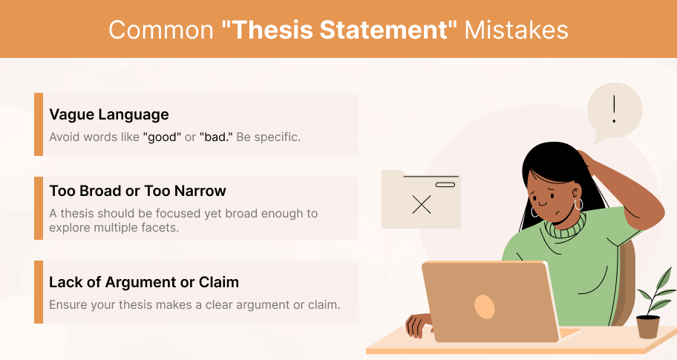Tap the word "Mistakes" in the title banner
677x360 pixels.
click(x=516, y=30)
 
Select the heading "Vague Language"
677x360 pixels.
click(x=109, y=115)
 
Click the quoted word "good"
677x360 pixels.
click(x=162, y=137)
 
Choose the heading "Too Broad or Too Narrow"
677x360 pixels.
click(x=138, y=191)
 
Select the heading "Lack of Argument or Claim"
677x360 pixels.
click(x=144, y=282)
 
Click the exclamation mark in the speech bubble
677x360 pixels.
click(x=614, y=110)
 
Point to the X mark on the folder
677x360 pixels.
click(x=422, y=205)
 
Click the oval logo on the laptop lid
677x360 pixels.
click(x=485, y=307)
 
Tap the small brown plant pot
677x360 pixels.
click(x=648, y=327)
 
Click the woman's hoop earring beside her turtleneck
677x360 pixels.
click(x=579, y=205)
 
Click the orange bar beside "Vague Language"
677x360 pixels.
click(x=39, y=124)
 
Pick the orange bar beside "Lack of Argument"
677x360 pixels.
click(x=39, y=292)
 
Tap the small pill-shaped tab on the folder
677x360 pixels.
click(x=445, y=185)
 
